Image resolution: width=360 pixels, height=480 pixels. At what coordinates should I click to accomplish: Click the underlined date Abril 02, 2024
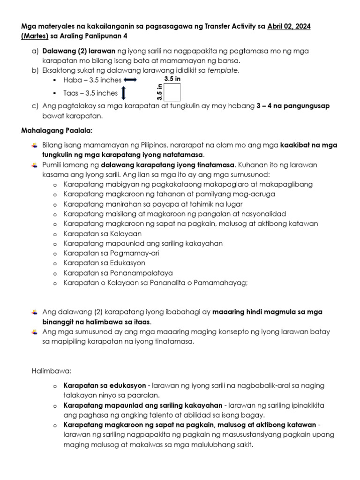[289, 26]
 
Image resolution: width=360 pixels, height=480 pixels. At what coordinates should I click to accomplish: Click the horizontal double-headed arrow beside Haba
[130, 80]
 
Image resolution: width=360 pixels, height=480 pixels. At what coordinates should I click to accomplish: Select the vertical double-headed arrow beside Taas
[123, 93]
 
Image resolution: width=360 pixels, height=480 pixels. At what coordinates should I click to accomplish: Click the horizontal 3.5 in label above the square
[172, 79]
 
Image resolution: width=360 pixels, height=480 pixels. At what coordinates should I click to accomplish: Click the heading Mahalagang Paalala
[57, 129]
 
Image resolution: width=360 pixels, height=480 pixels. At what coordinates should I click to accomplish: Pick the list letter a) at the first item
[34, 51]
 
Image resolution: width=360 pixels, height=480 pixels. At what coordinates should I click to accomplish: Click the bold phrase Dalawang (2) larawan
[79, 51]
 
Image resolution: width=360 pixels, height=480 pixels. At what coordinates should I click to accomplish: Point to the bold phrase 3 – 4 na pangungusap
[293, 106]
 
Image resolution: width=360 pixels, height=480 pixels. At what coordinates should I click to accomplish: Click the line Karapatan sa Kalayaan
[102, 233]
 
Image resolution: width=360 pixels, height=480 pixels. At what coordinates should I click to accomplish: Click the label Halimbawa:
[51, 371]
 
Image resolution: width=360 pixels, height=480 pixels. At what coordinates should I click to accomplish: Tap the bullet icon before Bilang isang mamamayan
[35, 145]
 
